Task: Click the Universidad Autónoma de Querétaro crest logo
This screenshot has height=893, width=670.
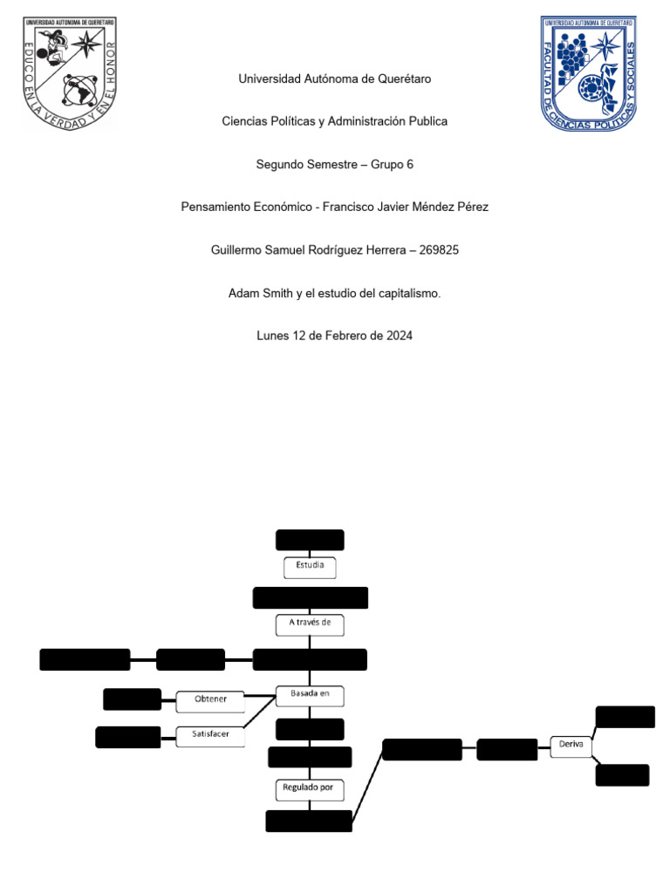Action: [69, 74]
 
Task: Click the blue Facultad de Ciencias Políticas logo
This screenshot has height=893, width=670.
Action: [588, 74]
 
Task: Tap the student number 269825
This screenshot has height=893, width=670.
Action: [440, 250]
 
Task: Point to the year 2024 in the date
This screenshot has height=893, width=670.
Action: [398, 336]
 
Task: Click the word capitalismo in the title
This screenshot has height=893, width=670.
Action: [410, 294]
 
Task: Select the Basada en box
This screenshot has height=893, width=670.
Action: [310, 695]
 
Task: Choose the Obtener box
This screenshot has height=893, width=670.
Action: [210, 700]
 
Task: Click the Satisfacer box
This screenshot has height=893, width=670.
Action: [210, 735]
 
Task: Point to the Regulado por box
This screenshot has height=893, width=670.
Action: [310, 789]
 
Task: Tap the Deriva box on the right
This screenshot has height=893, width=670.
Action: [571, 746]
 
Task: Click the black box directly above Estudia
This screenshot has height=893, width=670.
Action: [310, 540]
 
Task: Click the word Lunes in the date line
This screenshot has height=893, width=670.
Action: [272, 336]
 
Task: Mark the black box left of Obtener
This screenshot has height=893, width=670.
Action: [132, 699]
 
